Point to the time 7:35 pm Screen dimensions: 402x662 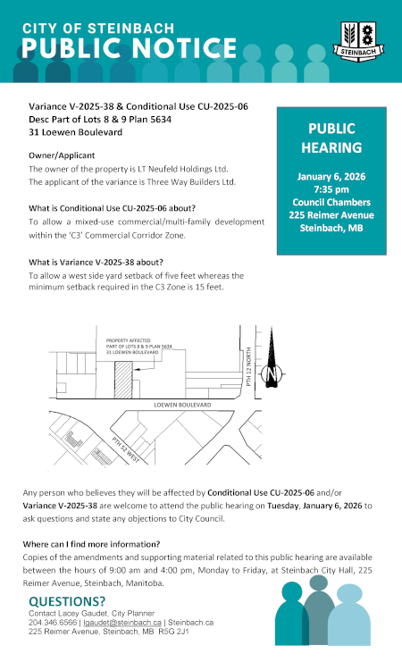(x=331, y=189)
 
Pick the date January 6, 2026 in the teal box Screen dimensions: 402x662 (x=331, y=176)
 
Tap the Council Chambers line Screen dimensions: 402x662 (x=331, y=202)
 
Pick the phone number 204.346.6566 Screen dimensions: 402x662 (x=51, y=622)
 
